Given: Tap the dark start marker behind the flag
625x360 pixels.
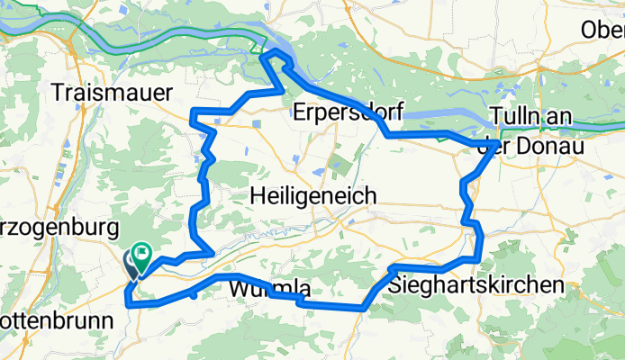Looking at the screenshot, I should click(131, 262).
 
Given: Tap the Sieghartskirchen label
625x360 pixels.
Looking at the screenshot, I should click(478, 284).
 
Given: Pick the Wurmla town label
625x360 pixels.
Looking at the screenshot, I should click(270, 290).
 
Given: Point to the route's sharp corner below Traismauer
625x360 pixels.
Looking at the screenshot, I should click(195, 111).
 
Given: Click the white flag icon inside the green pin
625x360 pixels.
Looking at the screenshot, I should click(143, 253).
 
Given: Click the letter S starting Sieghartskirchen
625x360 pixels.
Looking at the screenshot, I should click(398, 284).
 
